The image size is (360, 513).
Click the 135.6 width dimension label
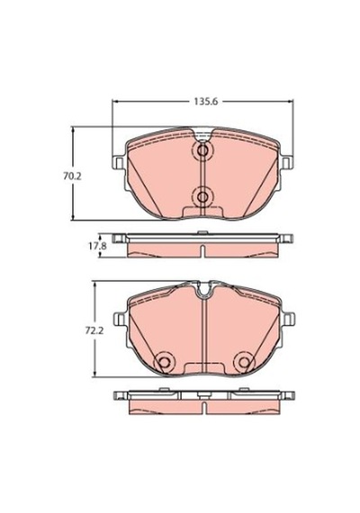click(x=206, y=102)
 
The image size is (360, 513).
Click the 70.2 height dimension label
click(x=72, y=176)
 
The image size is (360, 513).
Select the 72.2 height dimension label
click(x=94, y=331)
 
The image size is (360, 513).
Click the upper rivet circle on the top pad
click(x=202, y=151)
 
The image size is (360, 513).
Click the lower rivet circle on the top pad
click(x=202, y=197)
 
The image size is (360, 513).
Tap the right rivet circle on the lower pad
click(x=244, y=362)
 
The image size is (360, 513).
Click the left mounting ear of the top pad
click(x=118, y=163)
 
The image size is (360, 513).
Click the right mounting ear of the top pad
click(x=287, y=163)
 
